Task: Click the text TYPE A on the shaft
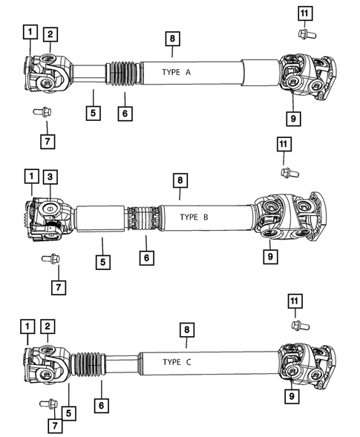(176, 72)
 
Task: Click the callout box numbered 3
(49, 178)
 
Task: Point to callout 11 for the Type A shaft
(303, 13)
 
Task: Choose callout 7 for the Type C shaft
(53, 425)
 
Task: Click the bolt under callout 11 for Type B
(285, 172)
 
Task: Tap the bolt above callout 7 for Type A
(41, 113)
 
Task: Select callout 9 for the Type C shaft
(293, 397)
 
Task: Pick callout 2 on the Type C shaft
(48, 326)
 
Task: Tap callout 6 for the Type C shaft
(102, 405)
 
